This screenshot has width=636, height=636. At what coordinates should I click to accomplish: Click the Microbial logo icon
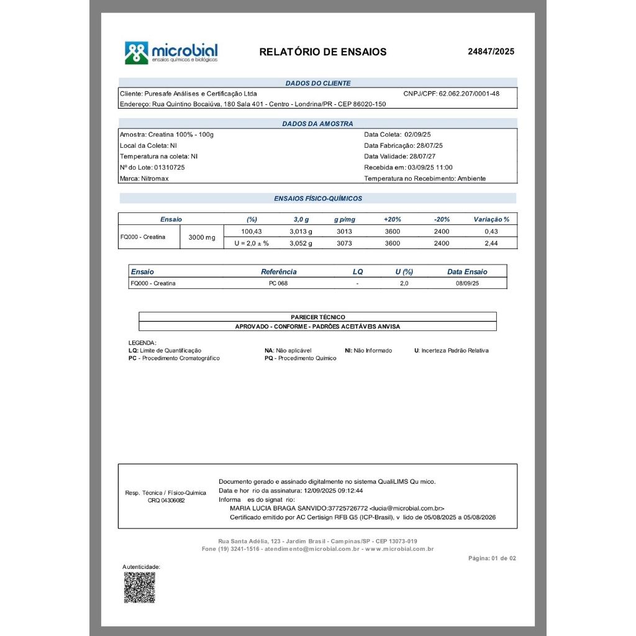pyautogui.click(x=137, y=53)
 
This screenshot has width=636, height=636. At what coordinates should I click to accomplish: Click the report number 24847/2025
pyautogui.click(x=491, y=52)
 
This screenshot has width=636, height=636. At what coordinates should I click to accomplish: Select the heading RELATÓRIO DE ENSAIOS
pyautogui.click(x=322, y=52)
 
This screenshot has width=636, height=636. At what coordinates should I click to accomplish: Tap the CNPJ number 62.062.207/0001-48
pyautogui.click(x=469, y=94)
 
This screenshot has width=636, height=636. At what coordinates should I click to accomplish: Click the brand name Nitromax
pyautogui.click(x=155, y=178)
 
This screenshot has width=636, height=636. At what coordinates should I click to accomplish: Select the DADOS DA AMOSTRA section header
pyautogui.click(x=317, y=124)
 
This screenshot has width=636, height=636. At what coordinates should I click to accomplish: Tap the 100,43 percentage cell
pyautogui.click(x=252, y=231)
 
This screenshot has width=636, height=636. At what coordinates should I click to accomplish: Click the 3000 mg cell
pyautogui.click(x=202, y=237)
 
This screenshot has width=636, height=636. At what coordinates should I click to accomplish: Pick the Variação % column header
pyautogui.click(x=491, y=219)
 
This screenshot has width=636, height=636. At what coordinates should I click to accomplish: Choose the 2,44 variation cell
pyautogui.click(x=491, y=243)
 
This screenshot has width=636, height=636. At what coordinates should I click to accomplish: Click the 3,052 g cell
pyautogui.click(x=301, y=243)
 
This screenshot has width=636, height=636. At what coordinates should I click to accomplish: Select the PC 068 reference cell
pyautogui.click(x=278, y=283)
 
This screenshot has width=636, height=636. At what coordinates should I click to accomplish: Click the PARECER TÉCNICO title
pyautogui.click(x=317, y=317)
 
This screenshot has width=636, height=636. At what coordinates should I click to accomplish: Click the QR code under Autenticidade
pyautogui.click(x=139, y=588)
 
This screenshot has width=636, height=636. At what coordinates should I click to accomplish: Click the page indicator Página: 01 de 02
pyautogui.click(x=492, y=558)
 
